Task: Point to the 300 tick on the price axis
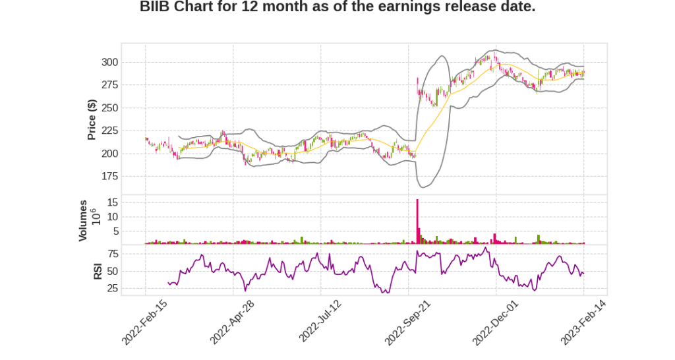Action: pyautogui.click(x=109, y=63)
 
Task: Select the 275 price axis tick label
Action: pyautogui.click(x=109, y=85)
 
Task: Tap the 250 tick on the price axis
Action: pyautogui.click(x=109, y=108)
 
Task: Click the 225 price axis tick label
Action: pyautogui.click(x=109, y=131)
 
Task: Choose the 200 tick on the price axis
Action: pyautogui.click(x=109, y=154)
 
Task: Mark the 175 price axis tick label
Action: pyautogui.click(x=109, y=177)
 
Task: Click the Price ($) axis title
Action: pyautogui.click(x=92, y=119)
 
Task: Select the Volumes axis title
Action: pyautogui.click(x=83, y=220)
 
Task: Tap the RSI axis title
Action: pyautogui.click(x=98, y=270)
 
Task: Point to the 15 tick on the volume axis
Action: pyautogui.click(x=112, y=202)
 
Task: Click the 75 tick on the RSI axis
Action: pyautogui.click(x=112, y=254)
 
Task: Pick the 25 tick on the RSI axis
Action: pyautogui.click(x=112, y=288)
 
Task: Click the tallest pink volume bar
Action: pyautogui.click(x=417, y=222)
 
